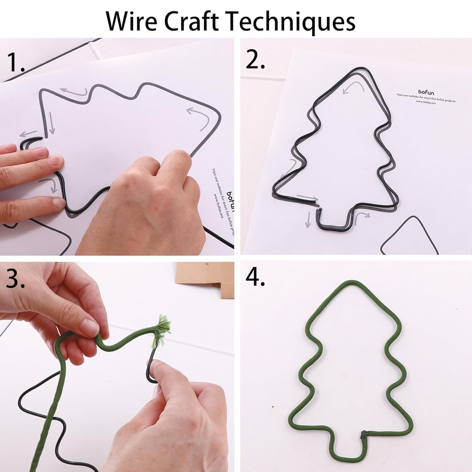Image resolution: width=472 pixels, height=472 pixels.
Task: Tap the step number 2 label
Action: click(255, 59)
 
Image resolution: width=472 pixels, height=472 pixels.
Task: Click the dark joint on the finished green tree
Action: click(363, 434)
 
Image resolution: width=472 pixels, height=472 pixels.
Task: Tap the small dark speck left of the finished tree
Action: click(273, 407)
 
